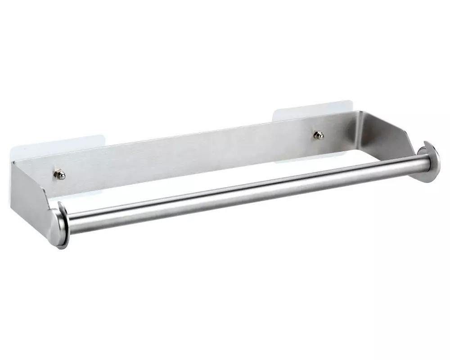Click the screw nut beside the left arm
pyautogui.click(x=59, y=175)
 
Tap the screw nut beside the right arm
pyautogui.click(x=319, y=135)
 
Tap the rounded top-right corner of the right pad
pyautogui.click(x=348, y=102)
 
